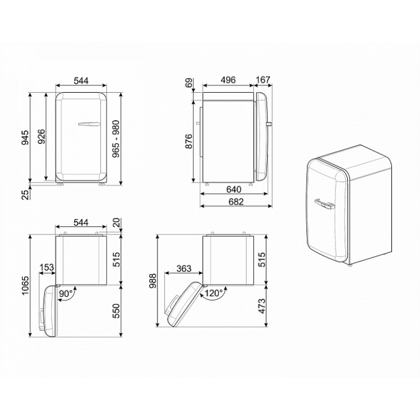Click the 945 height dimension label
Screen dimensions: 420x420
coord(25,138)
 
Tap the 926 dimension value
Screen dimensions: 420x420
coord(41,136)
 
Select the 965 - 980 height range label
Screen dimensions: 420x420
coord(116,139)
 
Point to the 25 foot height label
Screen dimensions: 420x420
coord(25,195)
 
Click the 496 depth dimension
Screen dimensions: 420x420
coord(228,80)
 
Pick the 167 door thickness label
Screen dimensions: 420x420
coord(263,80)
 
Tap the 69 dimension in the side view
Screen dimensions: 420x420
coord(188,82)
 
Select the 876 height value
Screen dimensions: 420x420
coord(188,141)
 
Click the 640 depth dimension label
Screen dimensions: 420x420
coord(234,190)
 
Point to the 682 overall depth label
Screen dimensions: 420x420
coord(236,201)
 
